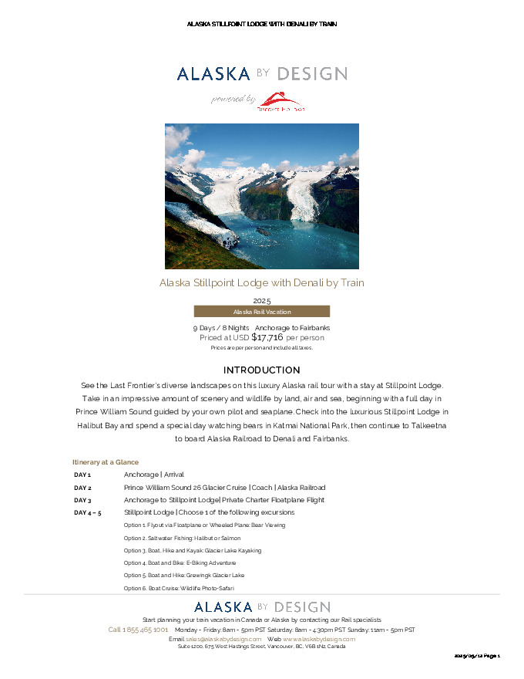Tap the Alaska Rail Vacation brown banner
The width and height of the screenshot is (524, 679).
click(261, 312)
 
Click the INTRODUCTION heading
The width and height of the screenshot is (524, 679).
click(261, 370)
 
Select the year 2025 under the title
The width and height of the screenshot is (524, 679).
click(261, 300)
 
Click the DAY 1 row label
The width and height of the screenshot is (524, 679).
click(82, 475)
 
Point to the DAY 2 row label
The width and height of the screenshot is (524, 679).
click(82, 488)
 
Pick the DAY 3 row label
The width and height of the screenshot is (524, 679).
click(82, 500)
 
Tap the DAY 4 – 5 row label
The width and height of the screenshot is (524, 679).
click(87, 512)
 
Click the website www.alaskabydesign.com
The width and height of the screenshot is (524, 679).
click(319, 639)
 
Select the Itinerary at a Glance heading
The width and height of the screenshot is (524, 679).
click(106, 462)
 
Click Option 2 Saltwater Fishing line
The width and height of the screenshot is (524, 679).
click(182, 538)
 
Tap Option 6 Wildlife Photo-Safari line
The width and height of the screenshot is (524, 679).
click(179, 588)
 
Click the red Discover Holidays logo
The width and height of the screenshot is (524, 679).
click(280, 101)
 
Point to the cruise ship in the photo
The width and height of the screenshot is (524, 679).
click(229, 238)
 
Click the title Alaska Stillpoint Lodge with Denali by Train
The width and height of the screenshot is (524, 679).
click(261, 283)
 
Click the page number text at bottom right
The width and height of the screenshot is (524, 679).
click(477, 656)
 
